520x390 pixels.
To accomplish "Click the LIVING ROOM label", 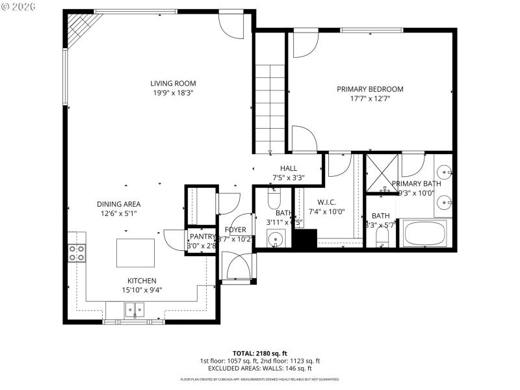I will point(173,83).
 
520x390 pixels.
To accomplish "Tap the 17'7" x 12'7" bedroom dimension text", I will point(370,99).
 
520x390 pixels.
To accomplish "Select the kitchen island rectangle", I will point(136,253).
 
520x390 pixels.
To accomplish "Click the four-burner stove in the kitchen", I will point(77,253).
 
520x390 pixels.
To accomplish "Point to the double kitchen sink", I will point(135,309).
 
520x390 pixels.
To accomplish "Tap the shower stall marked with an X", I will point(382,174).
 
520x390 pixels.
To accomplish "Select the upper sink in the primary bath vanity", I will point(444,172).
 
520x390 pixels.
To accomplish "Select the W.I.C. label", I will point(326,201).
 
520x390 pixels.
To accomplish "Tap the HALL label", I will point(289,168).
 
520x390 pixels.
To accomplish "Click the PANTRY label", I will point(201,237).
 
